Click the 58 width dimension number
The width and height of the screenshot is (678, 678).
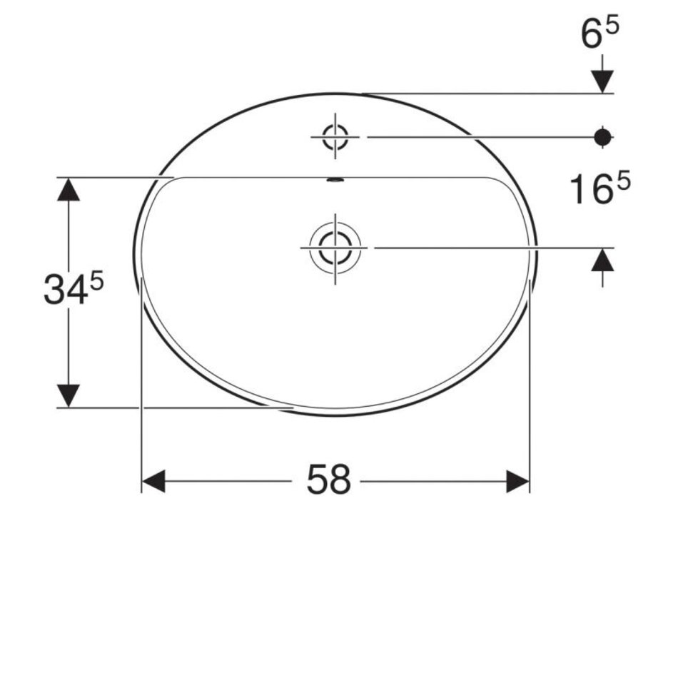(x=328, y=480)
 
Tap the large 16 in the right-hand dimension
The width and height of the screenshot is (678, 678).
(x=592, y=189)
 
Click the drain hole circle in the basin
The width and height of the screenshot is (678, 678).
(x=335, y=248)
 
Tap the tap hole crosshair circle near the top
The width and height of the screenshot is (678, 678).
(x=335, y=137)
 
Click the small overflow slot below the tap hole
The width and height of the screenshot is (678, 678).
(x=335, y=180)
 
